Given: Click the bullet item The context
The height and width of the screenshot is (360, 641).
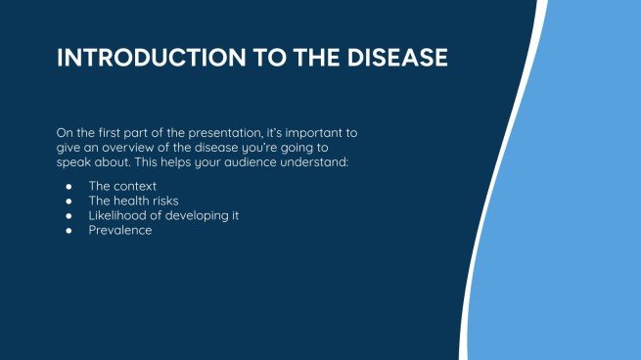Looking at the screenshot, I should tap(122, 186).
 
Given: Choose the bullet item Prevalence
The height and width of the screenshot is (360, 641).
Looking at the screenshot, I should tap(119, 230).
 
